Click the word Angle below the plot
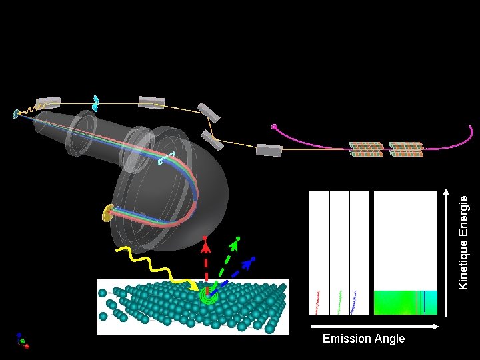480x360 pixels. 390,339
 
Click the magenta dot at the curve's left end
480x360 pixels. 274,127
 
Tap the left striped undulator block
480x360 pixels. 366,149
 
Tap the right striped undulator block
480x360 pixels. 406,149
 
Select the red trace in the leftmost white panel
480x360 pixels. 319,301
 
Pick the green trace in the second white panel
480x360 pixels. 341,301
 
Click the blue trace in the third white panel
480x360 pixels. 359,301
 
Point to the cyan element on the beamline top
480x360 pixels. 96,103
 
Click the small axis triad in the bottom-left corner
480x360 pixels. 23,341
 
